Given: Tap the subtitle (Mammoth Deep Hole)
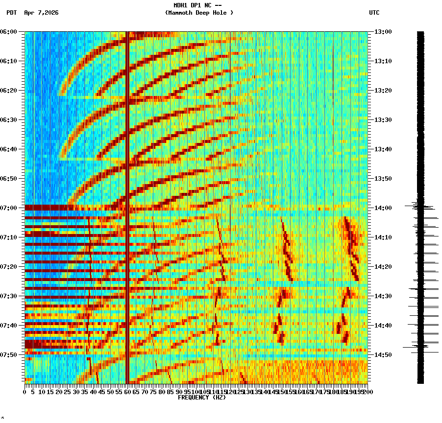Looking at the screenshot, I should [x=199, y=13].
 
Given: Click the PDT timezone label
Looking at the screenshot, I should [x=11, y=13].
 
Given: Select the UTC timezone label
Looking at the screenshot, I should [x=374, y=13].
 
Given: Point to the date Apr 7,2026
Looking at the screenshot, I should [x=41, y=13].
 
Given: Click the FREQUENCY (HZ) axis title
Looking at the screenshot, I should [x=201, y=398].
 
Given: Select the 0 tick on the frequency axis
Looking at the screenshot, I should [x=25, y=392].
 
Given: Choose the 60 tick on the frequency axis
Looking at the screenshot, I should [x=127, y=392].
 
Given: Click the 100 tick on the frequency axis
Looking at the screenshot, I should [x=196, y=392].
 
